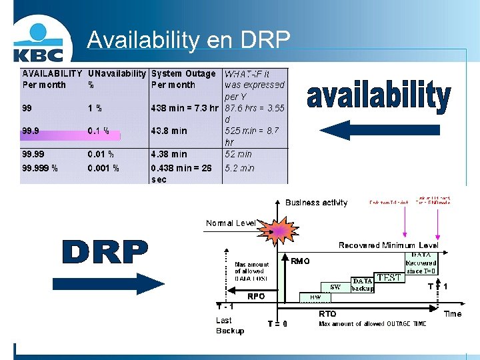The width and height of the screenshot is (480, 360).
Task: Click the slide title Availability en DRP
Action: [x=189, y=40]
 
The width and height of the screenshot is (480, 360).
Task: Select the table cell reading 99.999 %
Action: [x=40, y=168]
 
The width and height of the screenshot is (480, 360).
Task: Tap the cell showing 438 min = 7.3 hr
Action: [x=185, y=107]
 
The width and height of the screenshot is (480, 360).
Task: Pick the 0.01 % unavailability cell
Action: [x=101, y=154]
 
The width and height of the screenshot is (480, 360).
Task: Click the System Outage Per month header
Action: [x=183, y=79]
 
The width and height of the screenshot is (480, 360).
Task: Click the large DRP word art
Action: [x=105, y=251]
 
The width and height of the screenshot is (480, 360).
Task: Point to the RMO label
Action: [x=301, y=261]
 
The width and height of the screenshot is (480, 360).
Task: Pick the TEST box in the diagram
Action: [x=389, y=277]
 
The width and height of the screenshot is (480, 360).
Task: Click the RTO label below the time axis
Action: [x=327, y=313]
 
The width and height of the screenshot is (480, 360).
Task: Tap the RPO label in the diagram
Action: [x=256, y=295]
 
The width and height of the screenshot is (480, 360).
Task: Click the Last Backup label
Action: [x=229, y=325]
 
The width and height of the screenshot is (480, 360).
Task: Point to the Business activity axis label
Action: [x=316, y=203]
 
